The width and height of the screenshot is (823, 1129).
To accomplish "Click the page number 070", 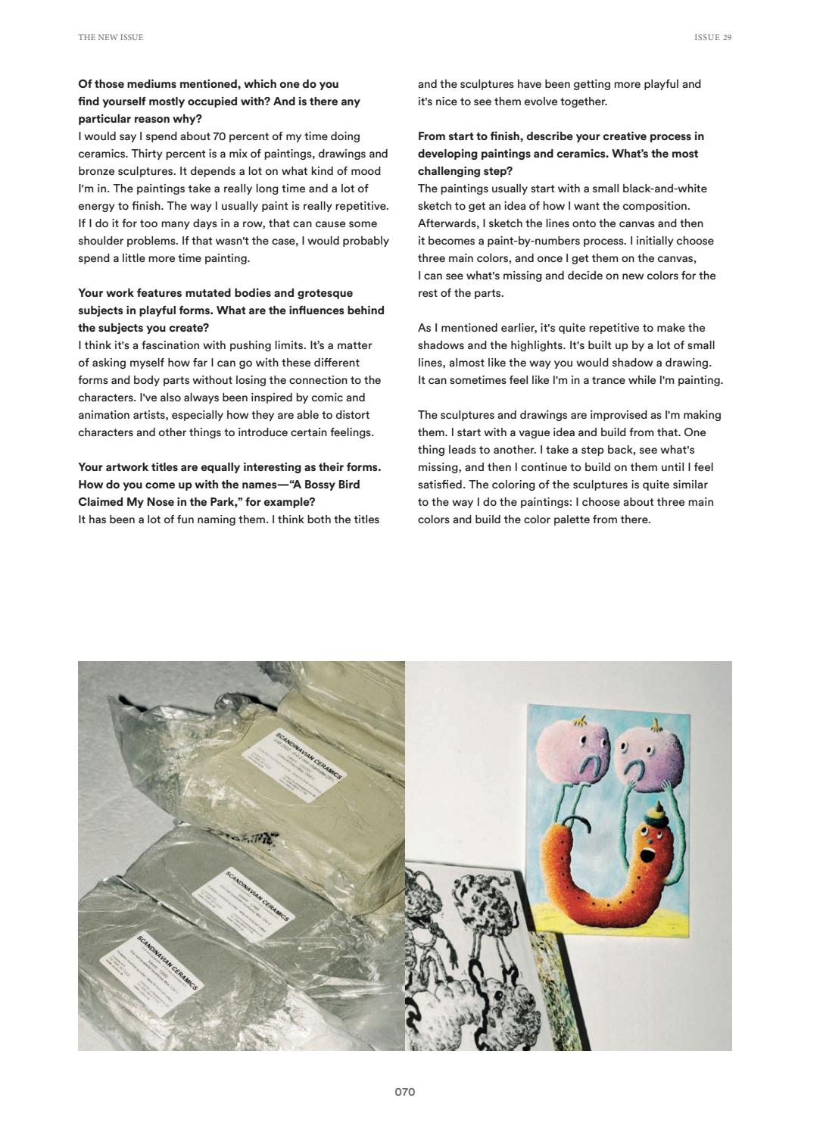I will [x=404, y=1092].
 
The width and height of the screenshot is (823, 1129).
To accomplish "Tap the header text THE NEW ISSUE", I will [x=111, y=37].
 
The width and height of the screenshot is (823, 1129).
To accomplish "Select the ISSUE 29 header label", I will [x=712, y=37].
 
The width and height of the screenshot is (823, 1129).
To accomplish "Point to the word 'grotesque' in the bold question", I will [x=325, y=293].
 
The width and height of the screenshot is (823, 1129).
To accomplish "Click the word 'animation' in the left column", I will [x=103, y=415].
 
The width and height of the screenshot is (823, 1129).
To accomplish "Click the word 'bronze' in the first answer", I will [x=95, y=171].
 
